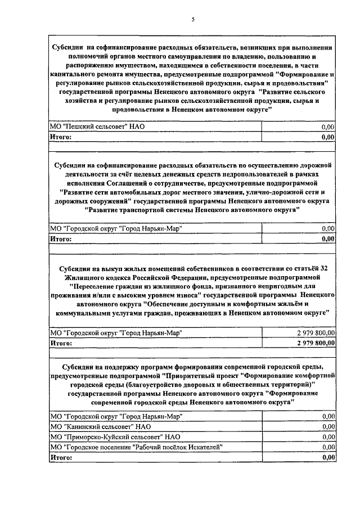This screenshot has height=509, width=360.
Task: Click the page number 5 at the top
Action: click(x=193, y=20)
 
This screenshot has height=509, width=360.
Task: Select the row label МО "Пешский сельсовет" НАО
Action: click(x=97, y=127)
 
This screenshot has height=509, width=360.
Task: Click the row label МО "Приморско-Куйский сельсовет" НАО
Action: click(x=115, y=436)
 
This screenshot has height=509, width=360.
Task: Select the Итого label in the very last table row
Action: click(x=61, y=457)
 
